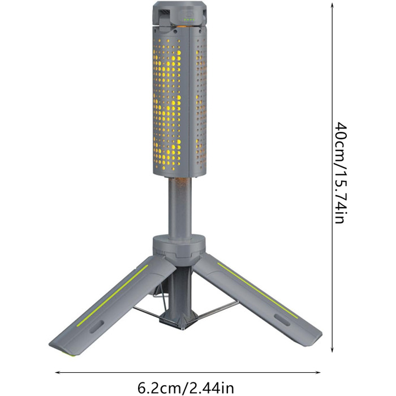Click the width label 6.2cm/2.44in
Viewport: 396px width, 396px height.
[x=186, y=388]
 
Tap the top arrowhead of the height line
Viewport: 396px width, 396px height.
[x=333, y=6]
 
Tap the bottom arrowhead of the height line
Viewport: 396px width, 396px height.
[x=333, y=349]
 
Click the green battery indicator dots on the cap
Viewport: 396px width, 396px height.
[x=189, y=19]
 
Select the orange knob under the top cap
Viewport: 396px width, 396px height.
[x=182, y=25]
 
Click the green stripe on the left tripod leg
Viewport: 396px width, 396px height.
[x=113, y=295]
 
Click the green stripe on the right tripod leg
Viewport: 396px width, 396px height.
[x=257, y=290]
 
